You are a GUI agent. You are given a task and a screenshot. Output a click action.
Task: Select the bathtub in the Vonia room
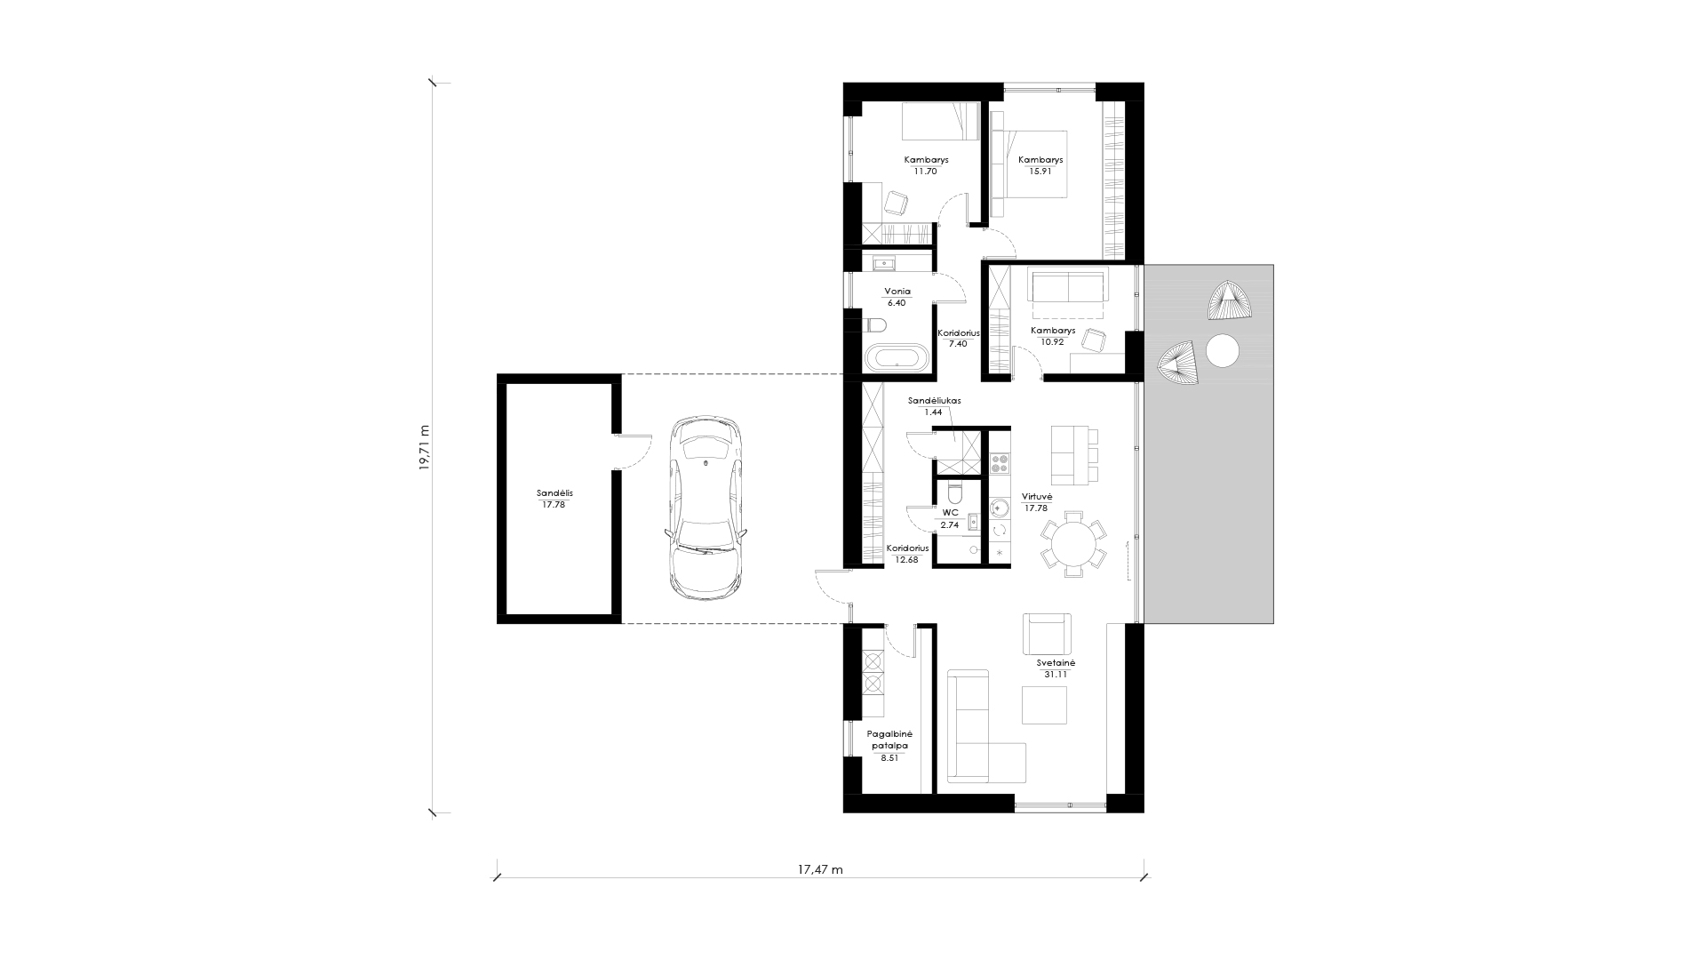click(897, 360)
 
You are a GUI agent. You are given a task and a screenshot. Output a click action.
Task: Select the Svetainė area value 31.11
click(1056, 675)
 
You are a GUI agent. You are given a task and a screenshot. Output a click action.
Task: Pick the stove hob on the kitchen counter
click(1000, 463)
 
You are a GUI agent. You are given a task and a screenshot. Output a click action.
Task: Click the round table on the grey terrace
click(1222, 350)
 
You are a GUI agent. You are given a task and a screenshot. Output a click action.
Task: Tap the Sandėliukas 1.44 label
click(934, 406)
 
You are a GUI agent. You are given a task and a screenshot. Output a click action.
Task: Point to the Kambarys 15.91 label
click(1040, 165)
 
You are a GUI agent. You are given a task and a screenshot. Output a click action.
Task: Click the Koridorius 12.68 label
click(907, 554)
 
